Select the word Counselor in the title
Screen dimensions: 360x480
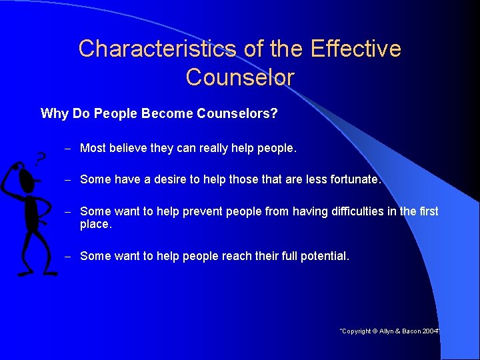point(240,77)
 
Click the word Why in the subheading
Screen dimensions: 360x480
point(54,113)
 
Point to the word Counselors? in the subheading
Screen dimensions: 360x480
point(237,113)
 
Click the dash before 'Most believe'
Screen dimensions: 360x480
point(68,149)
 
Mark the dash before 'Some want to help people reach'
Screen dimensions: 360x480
point(68,256)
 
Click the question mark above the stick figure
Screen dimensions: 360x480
point(41,159)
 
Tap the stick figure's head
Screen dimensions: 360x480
point(27,179)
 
